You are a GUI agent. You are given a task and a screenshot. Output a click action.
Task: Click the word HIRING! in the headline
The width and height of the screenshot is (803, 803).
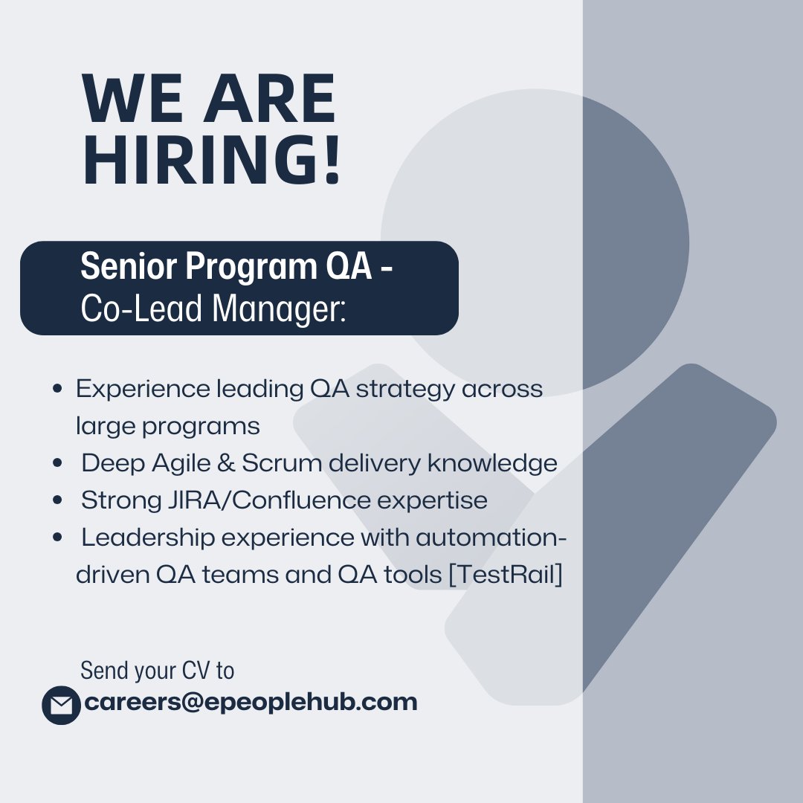click(211, 159)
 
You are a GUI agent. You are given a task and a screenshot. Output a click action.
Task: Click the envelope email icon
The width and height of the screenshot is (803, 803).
click(62, 705)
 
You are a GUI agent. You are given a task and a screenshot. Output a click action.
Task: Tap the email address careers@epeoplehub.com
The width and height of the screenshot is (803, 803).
click(251, 702)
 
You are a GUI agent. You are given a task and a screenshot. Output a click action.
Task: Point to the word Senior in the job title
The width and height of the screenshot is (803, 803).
click(129, 266)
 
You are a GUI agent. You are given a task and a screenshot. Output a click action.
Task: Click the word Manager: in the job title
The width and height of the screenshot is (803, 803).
click(279, 309)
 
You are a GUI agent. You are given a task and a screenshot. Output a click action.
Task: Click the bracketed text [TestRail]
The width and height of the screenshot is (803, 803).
click(506, 575)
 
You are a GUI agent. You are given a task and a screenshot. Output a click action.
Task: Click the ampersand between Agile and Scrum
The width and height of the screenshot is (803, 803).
click(226, 463)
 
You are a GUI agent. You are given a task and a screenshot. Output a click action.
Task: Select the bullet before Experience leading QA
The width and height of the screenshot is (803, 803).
click(57, 389)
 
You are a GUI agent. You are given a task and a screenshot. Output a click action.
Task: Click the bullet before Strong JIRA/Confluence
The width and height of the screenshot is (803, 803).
click(57, 500)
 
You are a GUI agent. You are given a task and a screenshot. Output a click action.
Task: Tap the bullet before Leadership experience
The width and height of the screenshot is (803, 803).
click(57, 538)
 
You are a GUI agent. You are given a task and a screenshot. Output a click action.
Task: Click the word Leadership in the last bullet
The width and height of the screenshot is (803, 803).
click(148, 538)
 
